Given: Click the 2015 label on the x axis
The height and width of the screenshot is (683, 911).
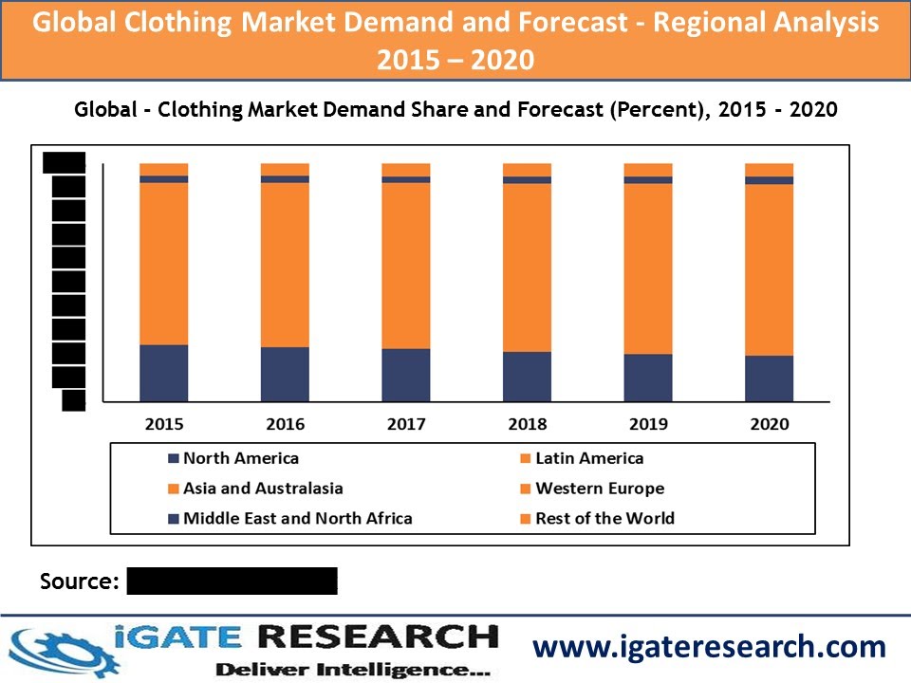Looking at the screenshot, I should [x=164, y=424].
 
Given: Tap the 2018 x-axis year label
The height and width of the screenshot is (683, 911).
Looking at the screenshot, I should [x=527, y=424].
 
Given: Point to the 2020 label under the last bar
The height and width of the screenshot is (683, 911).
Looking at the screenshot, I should [x=769, y=424].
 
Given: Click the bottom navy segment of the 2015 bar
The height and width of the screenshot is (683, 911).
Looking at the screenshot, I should [x=164, y=373].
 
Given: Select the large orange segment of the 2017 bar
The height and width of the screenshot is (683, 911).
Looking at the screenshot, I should [x=406, y=266].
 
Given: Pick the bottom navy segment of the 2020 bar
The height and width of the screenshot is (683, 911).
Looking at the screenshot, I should [x=769, y=378].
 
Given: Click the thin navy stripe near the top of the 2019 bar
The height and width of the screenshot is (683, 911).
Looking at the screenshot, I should [x=648, y=179].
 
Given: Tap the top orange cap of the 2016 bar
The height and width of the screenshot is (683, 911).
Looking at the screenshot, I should [x=285, y=169].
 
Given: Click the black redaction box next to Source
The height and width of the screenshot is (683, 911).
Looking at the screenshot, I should [x=232, y=581].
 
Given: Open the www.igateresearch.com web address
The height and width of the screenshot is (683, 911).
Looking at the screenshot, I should [x=709, y=647].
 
